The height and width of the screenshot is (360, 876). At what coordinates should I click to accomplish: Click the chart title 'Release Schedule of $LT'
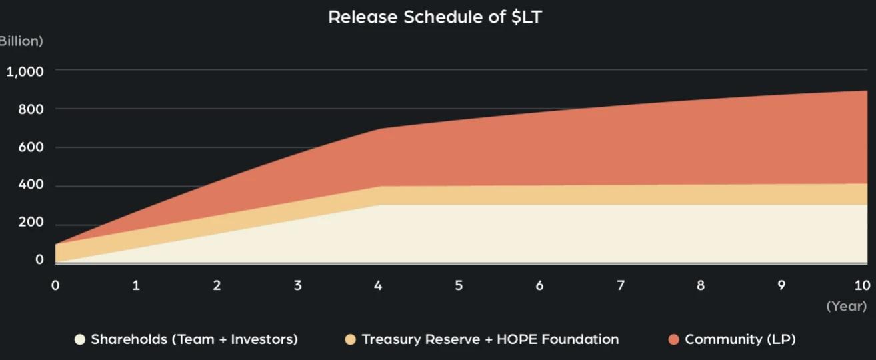[x=435, y=17]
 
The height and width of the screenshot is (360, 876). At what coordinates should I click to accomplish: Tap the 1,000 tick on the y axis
[x=25, y=71]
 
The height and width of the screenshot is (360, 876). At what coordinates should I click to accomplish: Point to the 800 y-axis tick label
[x=31, y=109]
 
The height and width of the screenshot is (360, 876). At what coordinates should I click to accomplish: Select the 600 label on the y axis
[x=31, y=147]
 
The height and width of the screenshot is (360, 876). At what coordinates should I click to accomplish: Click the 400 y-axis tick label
[x=31, y=185]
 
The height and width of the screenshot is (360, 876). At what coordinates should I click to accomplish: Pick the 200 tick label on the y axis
[x=31, y=222]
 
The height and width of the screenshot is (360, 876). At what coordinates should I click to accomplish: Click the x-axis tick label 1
[x=136, y=285]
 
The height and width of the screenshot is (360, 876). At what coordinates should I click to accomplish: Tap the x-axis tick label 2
[x=217, y=285]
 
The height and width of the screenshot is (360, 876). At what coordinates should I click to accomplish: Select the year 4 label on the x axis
[x=378, y=285]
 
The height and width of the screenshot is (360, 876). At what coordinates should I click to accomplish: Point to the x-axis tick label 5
[x=459, y=285]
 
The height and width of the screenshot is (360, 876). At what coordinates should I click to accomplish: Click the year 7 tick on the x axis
[x=620, y=285]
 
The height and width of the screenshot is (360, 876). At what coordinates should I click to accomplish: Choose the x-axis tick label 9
[x=781, y=285]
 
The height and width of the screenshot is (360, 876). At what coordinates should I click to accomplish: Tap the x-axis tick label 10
[x=862, y=285]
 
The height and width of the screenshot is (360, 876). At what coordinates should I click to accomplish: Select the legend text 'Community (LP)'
[x=740, y=339]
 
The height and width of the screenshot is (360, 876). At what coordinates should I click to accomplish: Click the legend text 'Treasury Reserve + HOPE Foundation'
[x=490, y=339]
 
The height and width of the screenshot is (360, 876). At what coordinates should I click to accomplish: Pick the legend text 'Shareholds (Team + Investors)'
[x=194, y=339]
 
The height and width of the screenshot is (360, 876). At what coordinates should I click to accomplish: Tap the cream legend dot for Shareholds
[x=80, y=340]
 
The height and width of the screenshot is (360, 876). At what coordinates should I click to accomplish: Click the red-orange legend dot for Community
[x=673, y=340]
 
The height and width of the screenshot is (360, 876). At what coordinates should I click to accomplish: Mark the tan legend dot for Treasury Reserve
[x=350, y=340]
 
